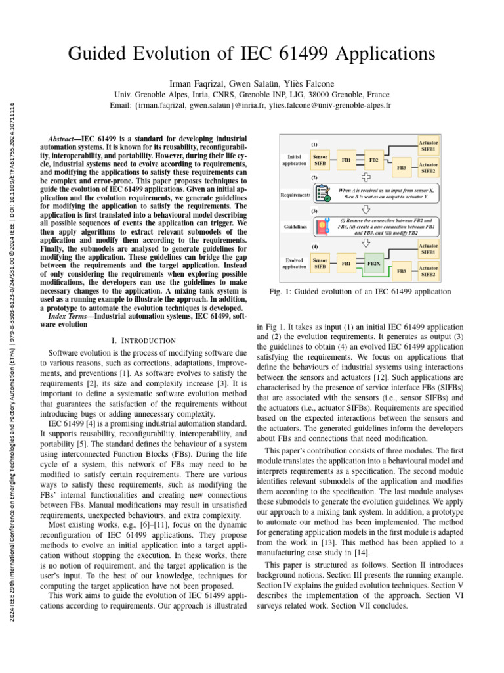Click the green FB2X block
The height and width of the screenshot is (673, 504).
pos(373,264)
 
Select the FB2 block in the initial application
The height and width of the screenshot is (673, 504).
pos(373,160)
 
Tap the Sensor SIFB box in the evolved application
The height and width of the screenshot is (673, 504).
pos(320,264)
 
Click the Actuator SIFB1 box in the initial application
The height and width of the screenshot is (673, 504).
pos(429,145)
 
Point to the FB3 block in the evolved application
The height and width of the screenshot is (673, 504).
pos(402,271)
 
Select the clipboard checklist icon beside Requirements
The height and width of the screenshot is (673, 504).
pos(322,193)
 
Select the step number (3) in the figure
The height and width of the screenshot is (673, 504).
pos(314,211)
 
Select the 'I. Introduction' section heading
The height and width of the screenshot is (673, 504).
pos(144,340)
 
